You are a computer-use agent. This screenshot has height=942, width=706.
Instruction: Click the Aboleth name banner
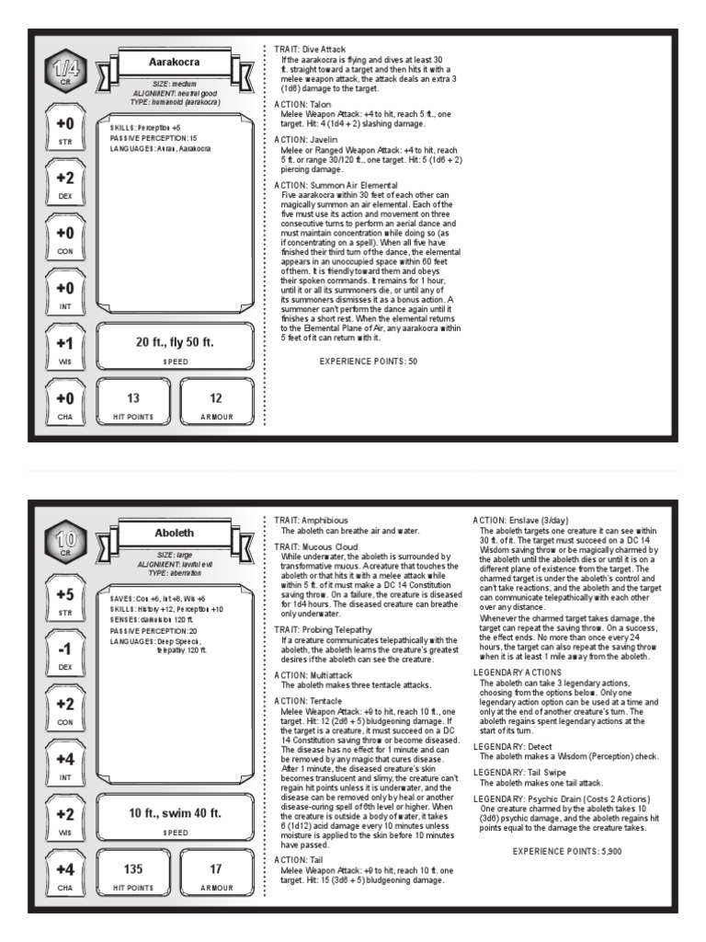click(x=174, y=534)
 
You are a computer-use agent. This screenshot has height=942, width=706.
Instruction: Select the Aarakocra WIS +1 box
click(x=64, y=348)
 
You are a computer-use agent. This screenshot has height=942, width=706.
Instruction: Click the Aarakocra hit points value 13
click(x=133, y=398)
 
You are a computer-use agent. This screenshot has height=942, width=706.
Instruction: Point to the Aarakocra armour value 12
click(x=216, y=398)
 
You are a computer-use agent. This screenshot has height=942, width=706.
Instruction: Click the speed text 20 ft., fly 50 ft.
click(x=175, y=342)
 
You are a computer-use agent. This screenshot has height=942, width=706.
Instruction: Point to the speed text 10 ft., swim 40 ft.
click(x=175, y=812)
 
